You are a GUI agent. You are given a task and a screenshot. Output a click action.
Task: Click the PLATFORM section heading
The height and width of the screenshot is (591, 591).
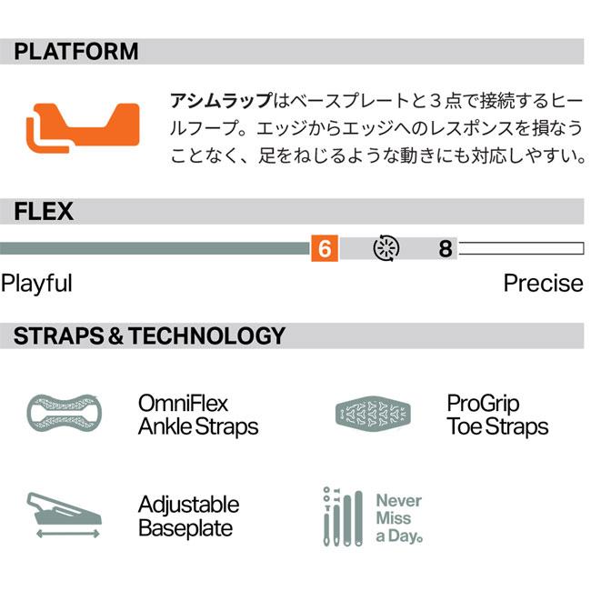(76, 52)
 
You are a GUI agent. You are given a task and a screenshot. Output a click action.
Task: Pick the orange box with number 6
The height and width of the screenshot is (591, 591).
(324, 248)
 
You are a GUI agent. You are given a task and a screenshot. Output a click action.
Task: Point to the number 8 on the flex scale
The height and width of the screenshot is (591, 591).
(445, 248)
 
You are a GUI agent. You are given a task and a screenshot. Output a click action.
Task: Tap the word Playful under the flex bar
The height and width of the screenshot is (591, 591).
(36, 283)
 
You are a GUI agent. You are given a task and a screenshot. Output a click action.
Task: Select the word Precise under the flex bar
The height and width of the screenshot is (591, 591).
(543, 283)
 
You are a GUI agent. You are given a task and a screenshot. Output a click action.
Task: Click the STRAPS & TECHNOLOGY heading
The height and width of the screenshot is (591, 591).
(149, 336)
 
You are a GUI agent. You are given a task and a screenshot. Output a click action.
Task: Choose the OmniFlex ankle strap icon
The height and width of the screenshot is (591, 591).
(63, 414)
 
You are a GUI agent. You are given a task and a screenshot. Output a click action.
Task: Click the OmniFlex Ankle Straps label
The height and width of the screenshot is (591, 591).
(198, 415)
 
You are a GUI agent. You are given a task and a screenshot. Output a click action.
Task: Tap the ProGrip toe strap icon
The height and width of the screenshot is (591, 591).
(372, 414)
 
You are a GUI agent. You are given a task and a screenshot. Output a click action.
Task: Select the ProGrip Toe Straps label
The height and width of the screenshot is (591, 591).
(497, 415)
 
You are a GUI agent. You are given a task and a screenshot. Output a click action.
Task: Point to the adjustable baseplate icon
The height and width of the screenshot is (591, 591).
(66, 510)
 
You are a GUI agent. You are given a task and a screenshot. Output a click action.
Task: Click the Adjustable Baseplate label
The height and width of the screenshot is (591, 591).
(188, 516)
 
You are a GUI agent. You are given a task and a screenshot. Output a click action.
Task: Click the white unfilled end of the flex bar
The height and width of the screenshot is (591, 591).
(520, 248)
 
